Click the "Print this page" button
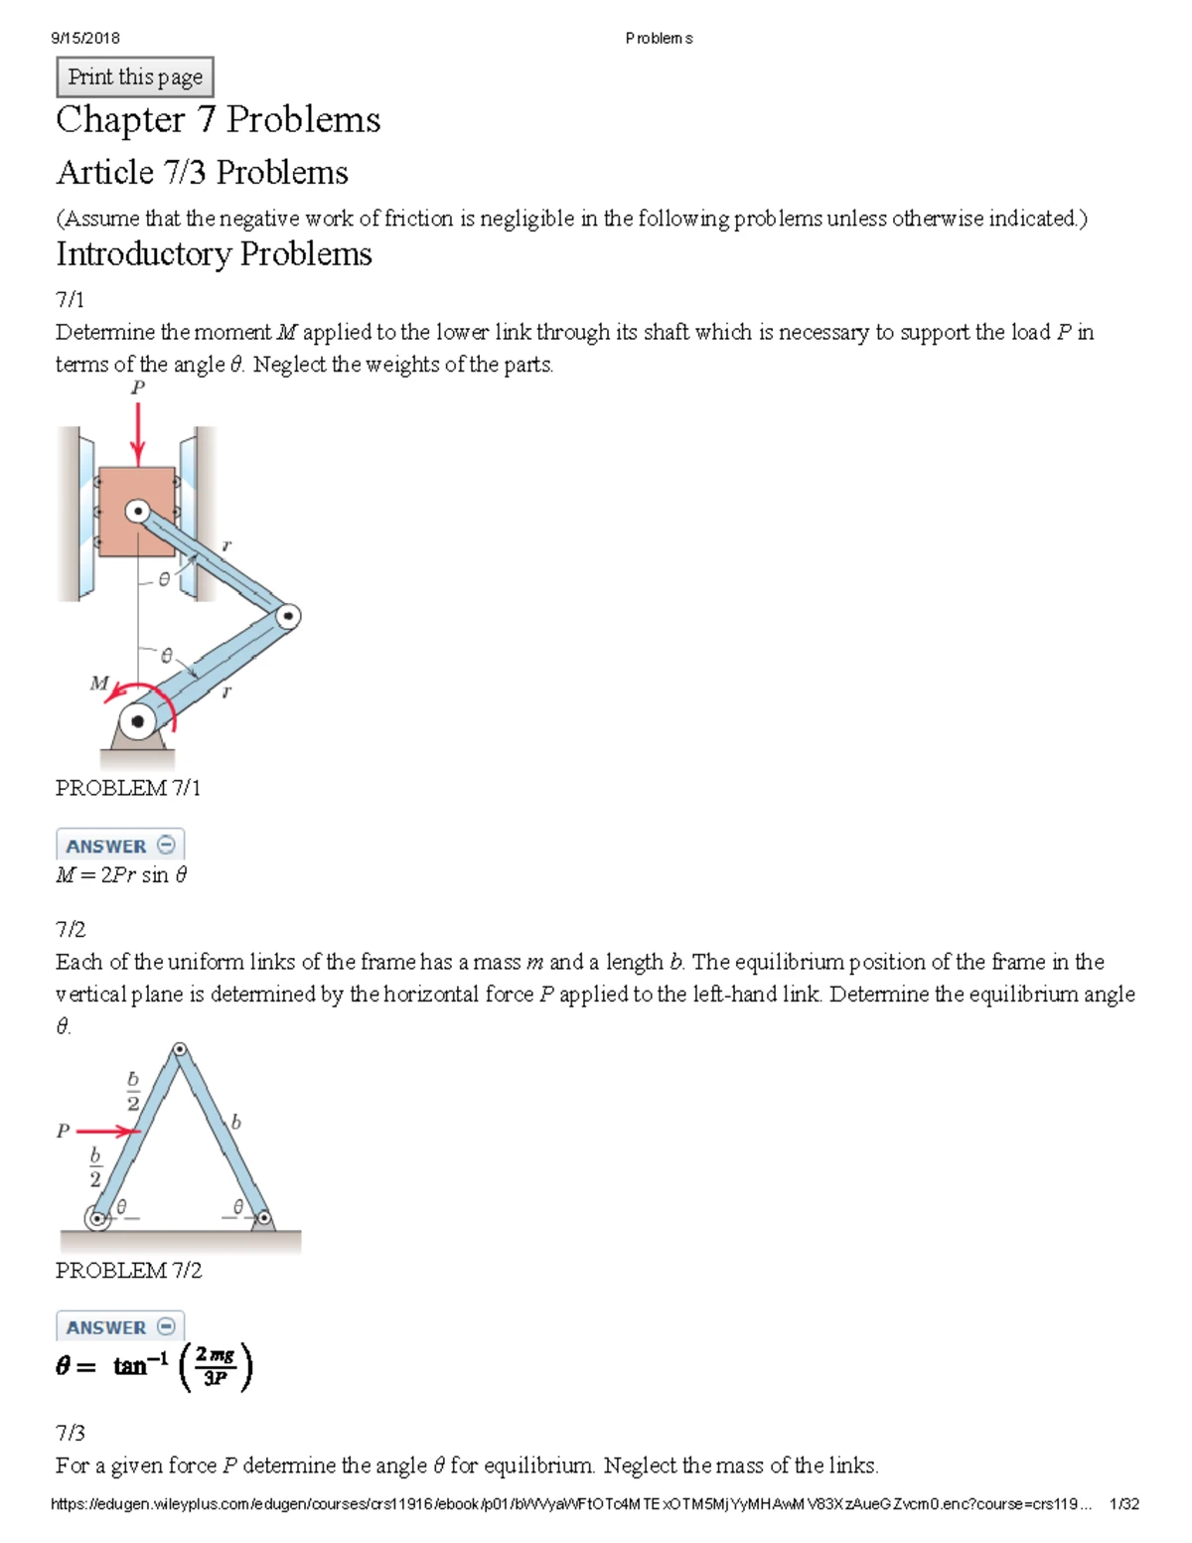tap(135, 77)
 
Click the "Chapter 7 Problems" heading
tap(218, 120)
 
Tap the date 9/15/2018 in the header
tap(85, 38)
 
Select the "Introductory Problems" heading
tap(214, 254)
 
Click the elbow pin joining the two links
tap(287, 617)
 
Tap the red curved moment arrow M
tap(149, 695)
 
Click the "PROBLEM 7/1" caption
tap(127, 788)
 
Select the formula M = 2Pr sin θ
tap(121, 875)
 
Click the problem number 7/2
tap(71, 929)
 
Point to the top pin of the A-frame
tap(180, 1050)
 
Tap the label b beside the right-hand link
tap(235, 1122)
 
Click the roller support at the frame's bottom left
tap(97, 1218)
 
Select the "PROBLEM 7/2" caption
tap(128, 1271)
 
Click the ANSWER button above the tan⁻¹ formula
tap(120, 1327)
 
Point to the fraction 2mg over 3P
tap(216, 1367)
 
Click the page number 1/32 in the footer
tap(1123, 1504)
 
